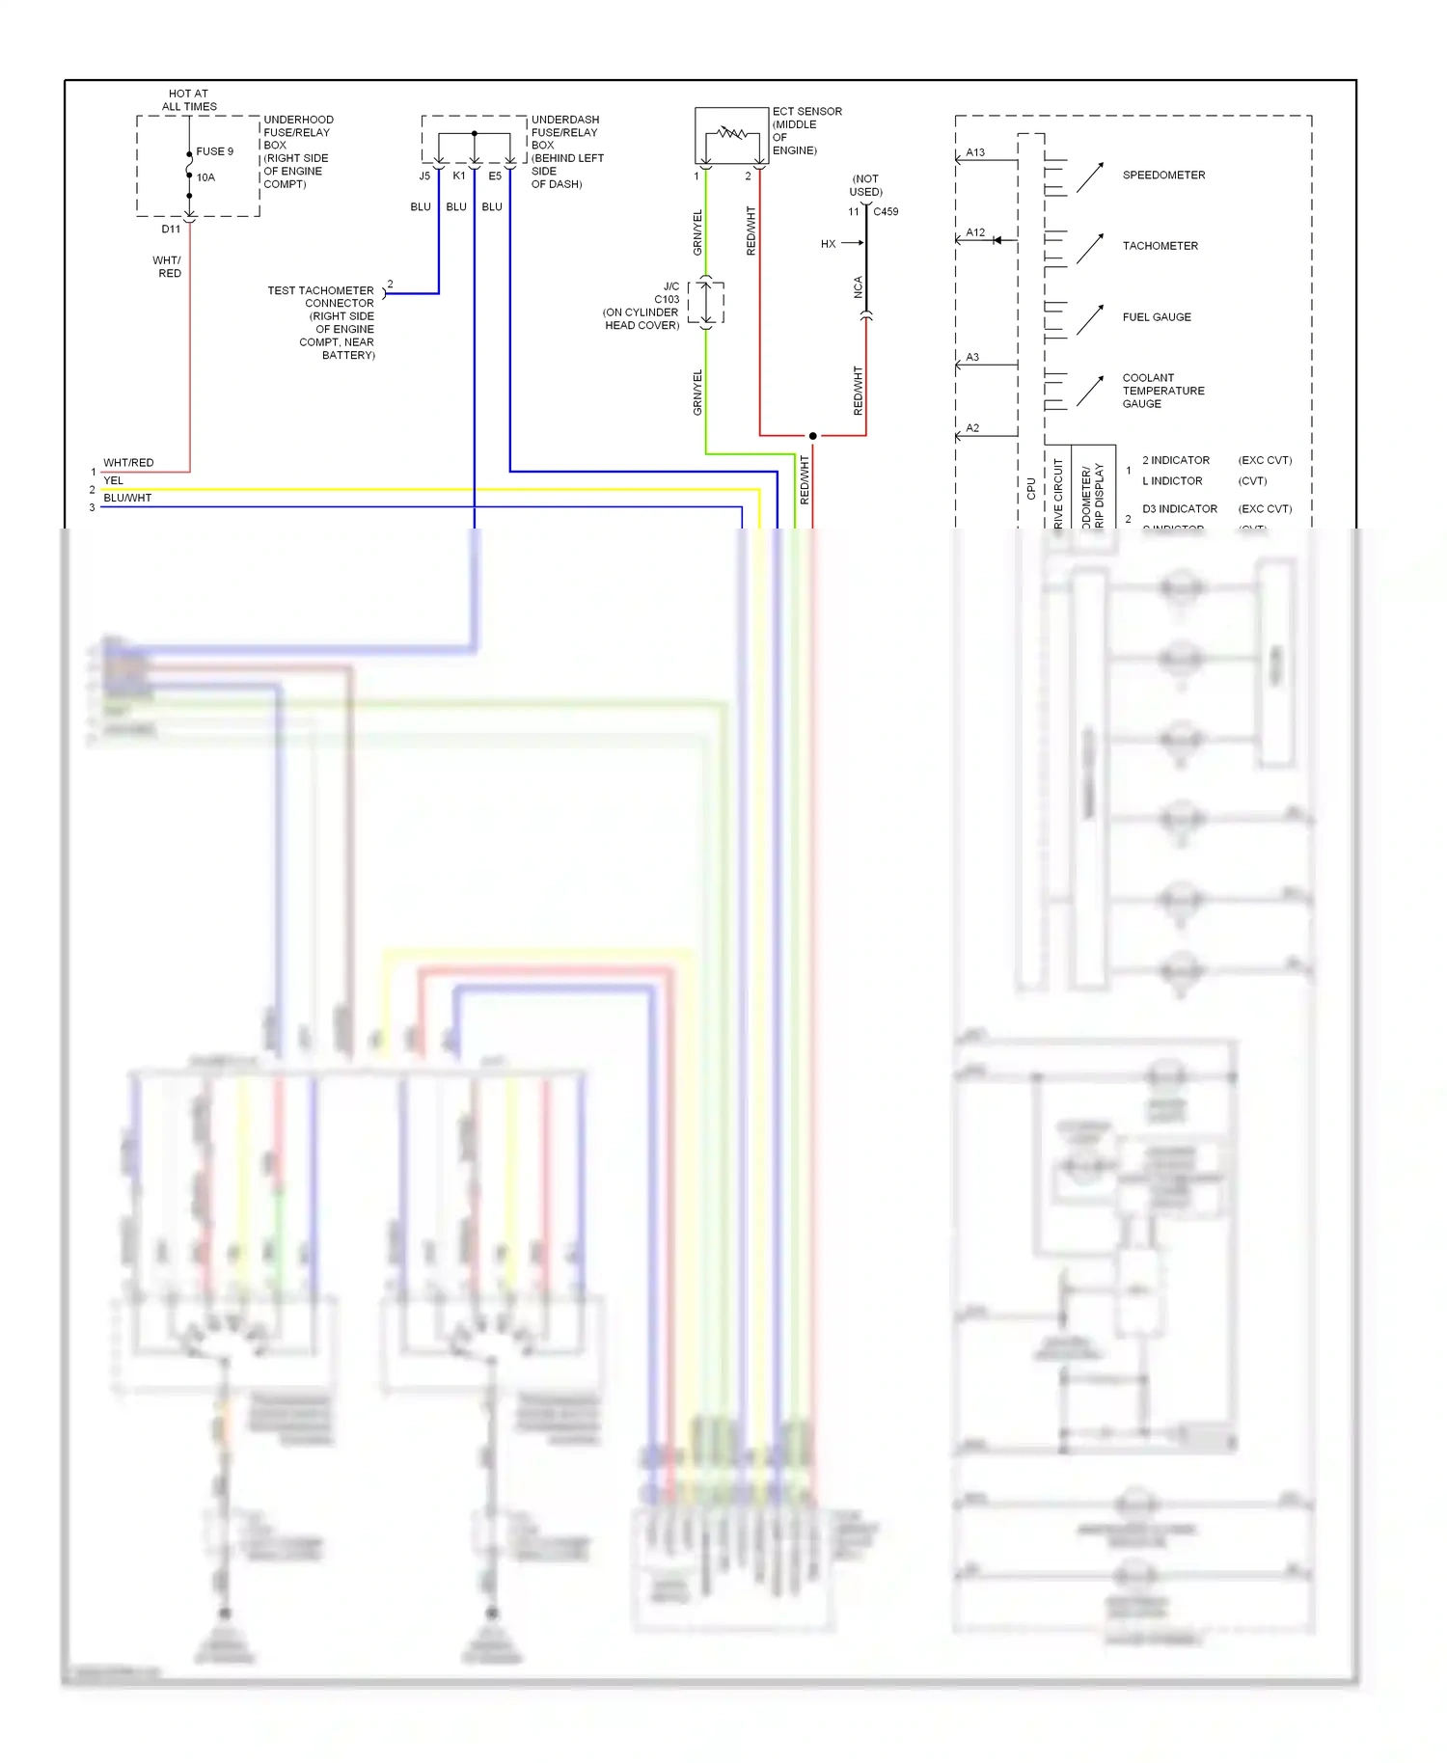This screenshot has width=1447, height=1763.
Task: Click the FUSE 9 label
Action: pyautogui.click(x=214, y=151)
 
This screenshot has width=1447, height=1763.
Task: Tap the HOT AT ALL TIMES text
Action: pyautogui.click(x=189, y=100)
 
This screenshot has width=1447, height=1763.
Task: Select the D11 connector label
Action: pyautogui.click(x=171, y=230)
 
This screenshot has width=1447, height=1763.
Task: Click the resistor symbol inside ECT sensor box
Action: pyautogui.click(x=732, y=133)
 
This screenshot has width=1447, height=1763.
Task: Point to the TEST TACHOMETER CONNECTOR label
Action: pyautogui.click(x=320, y=297)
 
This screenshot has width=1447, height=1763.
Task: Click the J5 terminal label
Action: pyautogui.click(x=424, y=176)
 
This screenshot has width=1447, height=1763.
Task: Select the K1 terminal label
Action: pyautogui.click(x=459, y=176)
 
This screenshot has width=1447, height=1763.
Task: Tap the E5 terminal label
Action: pyautogui.click(x=495, y=176)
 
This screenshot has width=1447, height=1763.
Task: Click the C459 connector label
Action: pyautogui.click(x=886, y=212)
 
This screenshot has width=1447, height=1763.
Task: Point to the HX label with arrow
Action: pyautogui.click(x=829, y=244)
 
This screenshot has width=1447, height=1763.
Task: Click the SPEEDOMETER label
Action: pyautogui.click(x=1163, y=176)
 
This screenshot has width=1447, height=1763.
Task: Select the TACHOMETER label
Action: pyautogui.click(x=1160, y=246)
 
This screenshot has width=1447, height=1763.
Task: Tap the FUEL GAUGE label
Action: pyautogui.click(x=1157, y=317)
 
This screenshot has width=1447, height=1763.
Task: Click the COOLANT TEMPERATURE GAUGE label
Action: pyautogui.click(x=1162, y=391)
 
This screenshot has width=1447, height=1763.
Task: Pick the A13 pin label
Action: pyautogui.click(x=975, y=152)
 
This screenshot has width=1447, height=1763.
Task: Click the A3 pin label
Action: pyautogui.click(x=972, y=358)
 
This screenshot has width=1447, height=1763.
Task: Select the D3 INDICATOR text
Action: pyautogui.click(x=1179, y=509)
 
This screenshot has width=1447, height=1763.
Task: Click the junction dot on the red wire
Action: pyautogui.click(x=812, y=436)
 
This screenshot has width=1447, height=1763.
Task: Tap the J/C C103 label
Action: pyautogui.click(x=667, y=293)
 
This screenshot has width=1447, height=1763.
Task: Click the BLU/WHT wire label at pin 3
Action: pyautogui.click(x=127, y=499)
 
